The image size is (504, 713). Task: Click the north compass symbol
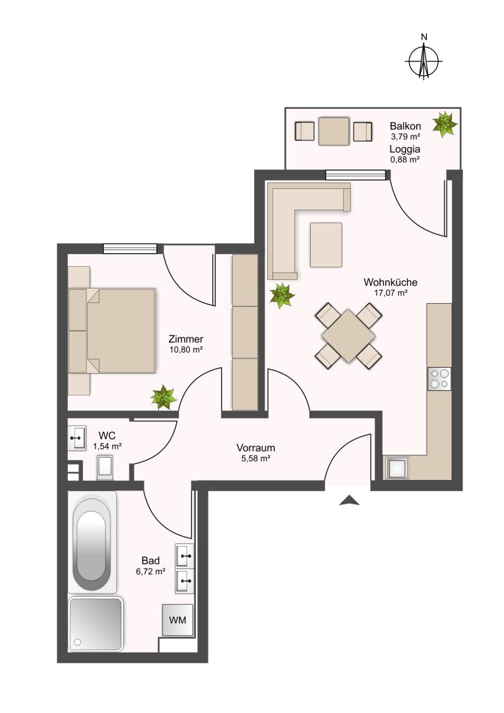[424, 60]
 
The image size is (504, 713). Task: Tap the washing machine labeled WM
[177, 620]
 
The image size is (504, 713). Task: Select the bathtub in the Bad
[92, 543]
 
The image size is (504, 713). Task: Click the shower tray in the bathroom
[96, 623]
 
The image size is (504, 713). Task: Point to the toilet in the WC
[105, 467]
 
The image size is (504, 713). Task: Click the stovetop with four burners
[439, 379]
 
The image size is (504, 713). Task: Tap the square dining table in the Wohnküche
[348, 335]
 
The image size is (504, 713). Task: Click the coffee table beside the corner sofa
[326, 245]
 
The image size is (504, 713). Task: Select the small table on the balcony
[334, 131]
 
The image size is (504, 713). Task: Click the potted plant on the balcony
[445, 123]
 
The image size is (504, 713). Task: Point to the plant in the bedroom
[163, 397]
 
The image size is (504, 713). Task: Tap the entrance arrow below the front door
[349, 500]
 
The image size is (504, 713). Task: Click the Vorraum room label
[256, 448]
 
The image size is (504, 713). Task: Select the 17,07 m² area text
[391, 293]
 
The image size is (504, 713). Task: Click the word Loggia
[404, 149]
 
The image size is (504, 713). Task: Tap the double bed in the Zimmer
[111, 331]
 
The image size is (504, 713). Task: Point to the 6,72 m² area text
[150, 572]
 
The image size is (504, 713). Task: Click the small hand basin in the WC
[77, 438]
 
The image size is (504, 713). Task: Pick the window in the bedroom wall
[130, 249]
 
